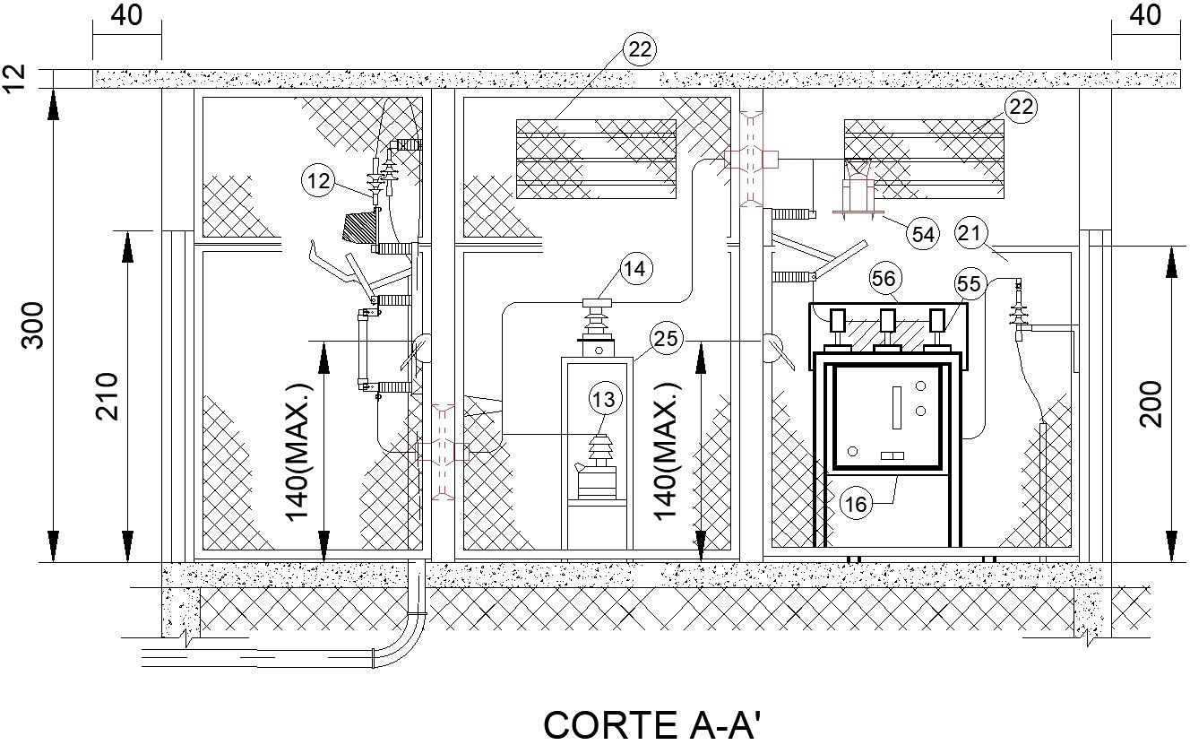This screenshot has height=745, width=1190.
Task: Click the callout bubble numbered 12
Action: (x=318, y=181)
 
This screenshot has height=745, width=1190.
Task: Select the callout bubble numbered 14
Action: (x=634, y=269)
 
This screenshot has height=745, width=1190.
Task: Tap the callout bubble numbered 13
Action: (x=604, y=399)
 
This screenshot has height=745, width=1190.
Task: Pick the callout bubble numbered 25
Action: (x=666, y=339)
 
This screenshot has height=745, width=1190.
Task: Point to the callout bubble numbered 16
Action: (x=856, y=504)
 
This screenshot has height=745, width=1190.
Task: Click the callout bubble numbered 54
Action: (x=923, y=234)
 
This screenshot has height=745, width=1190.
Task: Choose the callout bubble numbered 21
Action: (x=971, y=233)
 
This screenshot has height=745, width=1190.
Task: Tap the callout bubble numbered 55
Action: (x=969, y=284)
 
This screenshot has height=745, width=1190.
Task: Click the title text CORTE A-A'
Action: (x=651, y=725)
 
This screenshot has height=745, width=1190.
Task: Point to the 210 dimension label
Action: (x=107, y=396)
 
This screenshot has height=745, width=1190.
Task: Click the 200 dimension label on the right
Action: (x=1151, y=404)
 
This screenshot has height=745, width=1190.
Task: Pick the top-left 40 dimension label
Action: (x=126, y=15)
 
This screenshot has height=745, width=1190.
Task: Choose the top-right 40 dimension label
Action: (x=1145, y=15)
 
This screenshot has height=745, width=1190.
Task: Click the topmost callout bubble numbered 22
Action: (x=639, y=49)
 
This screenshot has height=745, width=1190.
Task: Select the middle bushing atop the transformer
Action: (x=888, y=328)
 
